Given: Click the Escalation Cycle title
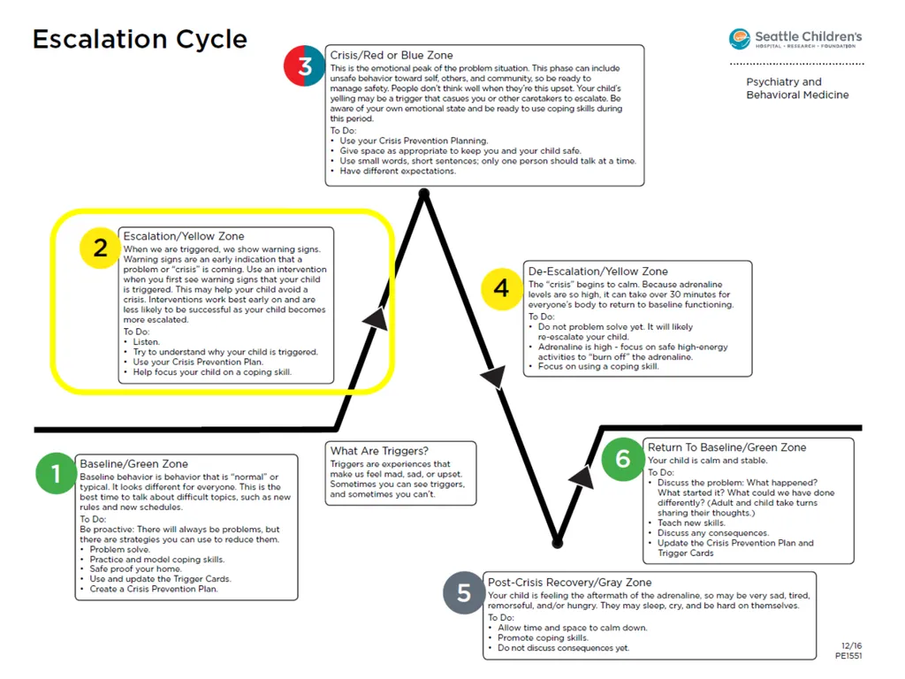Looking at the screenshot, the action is click(140, 40).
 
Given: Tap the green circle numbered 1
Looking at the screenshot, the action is click(56, 474).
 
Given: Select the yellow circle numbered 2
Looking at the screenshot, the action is click(100, 248).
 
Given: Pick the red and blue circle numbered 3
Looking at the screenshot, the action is click(304, 65).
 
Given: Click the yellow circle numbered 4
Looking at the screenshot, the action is click(502, 289).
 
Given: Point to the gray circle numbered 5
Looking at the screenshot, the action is click(463, 592).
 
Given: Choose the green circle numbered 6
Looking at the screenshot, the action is click(622, 460).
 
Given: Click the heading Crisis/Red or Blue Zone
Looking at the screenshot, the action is click(392, 56).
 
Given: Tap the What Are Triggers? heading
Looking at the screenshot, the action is click(379, 451).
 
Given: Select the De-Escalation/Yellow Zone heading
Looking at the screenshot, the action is click(598, 271).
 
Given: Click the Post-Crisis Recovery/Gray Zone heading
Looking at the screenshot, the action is click(570, 582).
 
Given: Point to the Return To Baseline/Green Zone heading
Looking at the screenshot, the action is click(726, 447).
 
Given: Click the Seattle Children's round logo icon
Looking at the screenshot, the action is click(740, 39).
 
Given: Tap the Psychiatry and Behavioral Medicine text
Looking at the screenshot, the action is click(797, 88).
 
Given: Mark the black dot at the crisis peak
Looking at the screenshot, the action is click(424, 194).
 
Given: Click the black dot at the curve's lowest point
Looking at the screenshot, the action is click(557, 543).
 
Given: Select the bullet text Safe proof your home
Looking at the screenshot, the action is click(135, 568).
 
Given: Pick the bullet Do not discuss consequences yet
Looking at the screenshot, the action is click(563, 648).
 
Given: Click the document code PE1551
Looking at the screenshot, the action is click(848, 656).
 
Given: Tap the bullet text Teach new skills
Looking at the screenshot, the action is click(691, 523).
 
